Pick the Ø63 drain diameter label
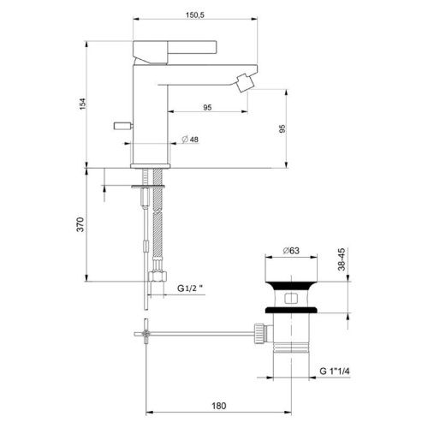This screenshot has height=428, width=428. [291, 252]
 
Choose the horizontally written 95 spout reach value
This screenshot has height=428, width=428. [208, 108]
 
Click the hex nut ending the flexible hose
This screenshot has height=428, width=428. [156, 279]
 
